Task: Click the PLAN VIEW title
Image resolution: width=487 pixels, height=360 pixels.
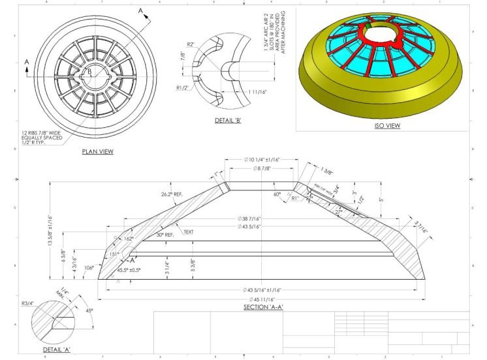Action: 97,151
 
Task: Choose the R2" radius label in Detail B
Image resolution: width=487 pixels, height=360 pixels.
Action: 191,44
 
